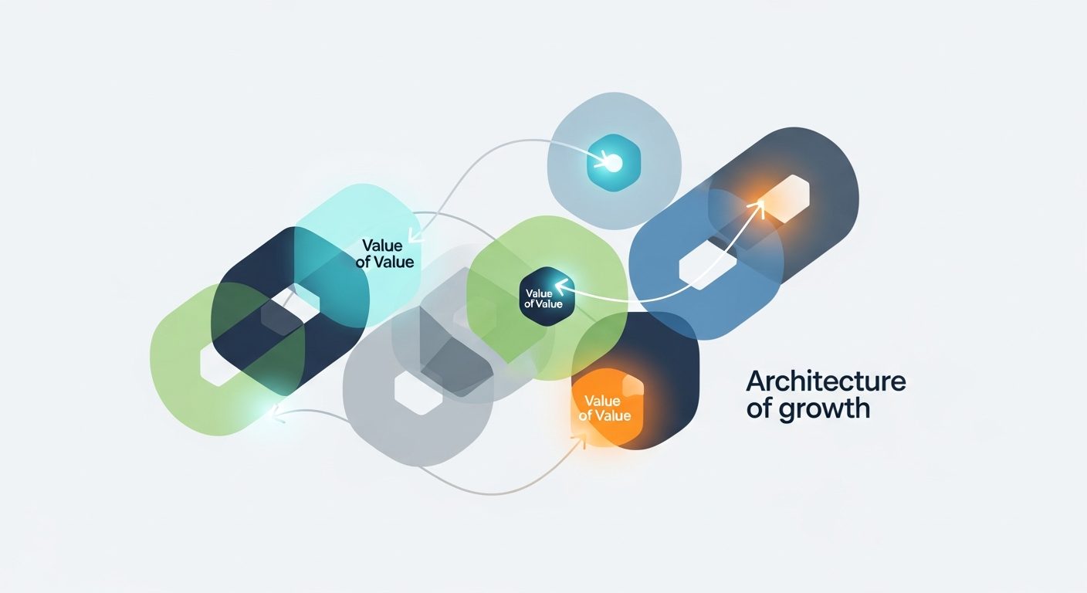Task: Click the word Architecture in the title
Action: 825,381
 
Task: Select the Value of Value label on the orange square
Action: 604,408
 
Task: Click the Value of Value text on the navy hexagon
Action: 543,299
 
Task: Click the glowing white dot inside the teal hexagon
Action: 613,163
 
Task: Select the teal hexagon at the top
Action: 614,163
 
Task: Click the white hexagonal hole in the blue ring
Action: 708,266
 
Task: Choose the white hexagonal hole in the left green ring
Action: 219,364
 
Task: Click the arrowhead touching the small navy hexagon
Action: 560,286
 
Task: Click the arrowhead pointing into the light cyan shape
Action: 415,236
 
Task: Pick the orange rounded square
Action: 608,408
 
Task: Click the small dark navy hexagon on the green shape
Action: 547,296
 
